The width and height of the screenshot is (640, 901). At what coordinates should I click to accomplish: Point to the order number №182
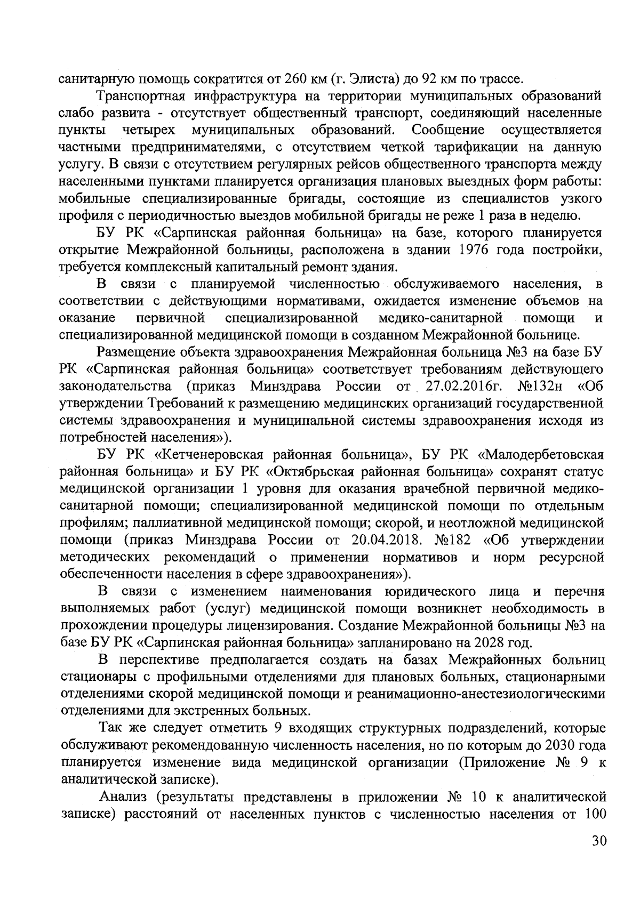(x=453, y=540)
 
